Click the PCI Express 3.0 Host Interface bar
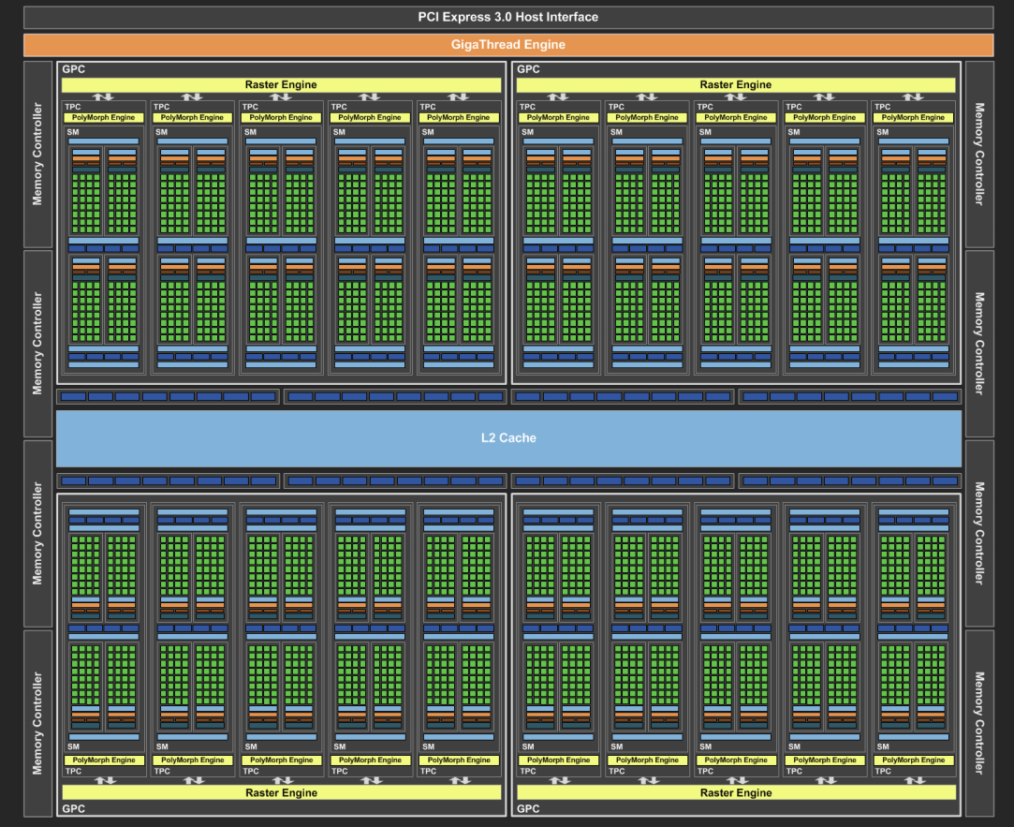pyautogui.click(x=507, y=17)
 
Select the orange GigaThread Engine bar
pyautogui.click(x=507, y=44)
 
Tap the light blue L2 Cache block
pyautogui.click(x=508, y=437)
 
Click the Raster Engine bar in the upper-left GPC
pyautogui.click(x=281, y=84)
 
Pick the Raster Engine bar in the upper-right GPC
pyautogui.click(x=736, y=84)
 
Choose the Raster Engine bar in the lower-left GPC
pyautogui.click(x=281, y=792)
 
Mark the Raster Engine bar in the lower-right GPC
pyautogui.click(x=736, y=792)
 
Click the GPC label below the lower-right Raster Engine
pyautogui.click(x=528, y=808)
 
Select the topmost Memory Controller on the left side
pyautogui.click(x=37, y=155)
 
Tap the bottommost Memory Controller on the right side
pyautogui.click(x=978, y=722)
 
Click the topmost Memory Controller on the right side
pyautogui.click(x=978, y=155)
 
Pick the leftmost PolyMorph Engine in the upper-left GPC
pyautogui.click(x=104, y=118)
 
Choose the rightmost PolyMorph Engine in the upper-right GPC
pyautogui.click(x=914, y=118)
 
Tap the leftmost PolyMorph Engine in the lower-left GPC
pyautogui.click(x=104, y=760)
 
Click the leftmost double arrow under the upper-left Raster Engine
pyautogui.click(x=104, y=96)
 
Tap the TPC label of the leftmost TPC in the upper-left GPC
pyautogui.click(x=72, y=107)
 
